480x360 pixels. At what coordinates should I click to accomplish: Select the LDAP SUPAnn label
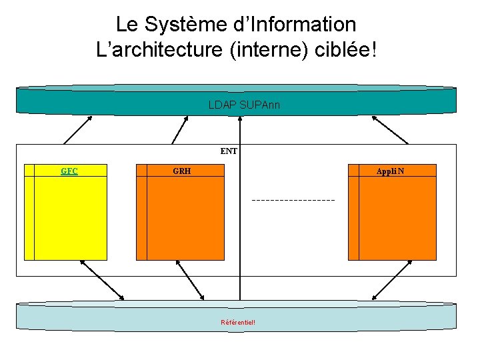[239, 105]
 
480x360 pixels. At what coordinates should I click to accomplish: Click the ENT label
[229, 151]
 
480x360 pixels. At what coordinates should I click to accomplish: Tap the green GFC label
[69, 171]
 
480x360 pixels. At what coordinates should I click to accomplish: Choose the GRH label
[181, 171]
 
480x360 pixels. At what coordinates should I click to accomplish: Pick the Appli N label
[390, 171]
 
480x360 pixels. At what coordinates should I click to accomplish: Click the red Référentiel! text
[238, 323]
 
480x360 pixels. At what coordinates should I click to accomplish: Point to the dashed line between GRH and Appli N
[293, 200]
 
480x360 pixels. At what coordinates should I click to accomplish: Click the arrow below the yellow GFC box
[101, 279]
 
